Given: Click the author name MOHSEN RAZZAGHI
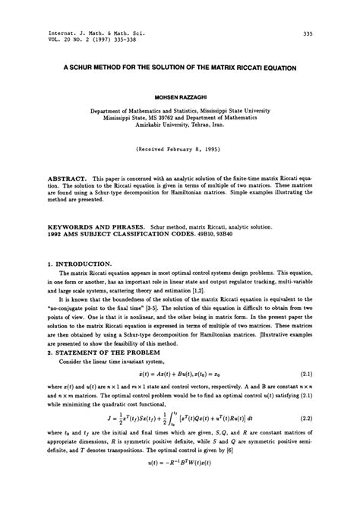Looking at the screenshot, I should click(x=180, y=98).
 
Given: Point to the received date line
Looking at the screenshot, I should click(x=180, y=151).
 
